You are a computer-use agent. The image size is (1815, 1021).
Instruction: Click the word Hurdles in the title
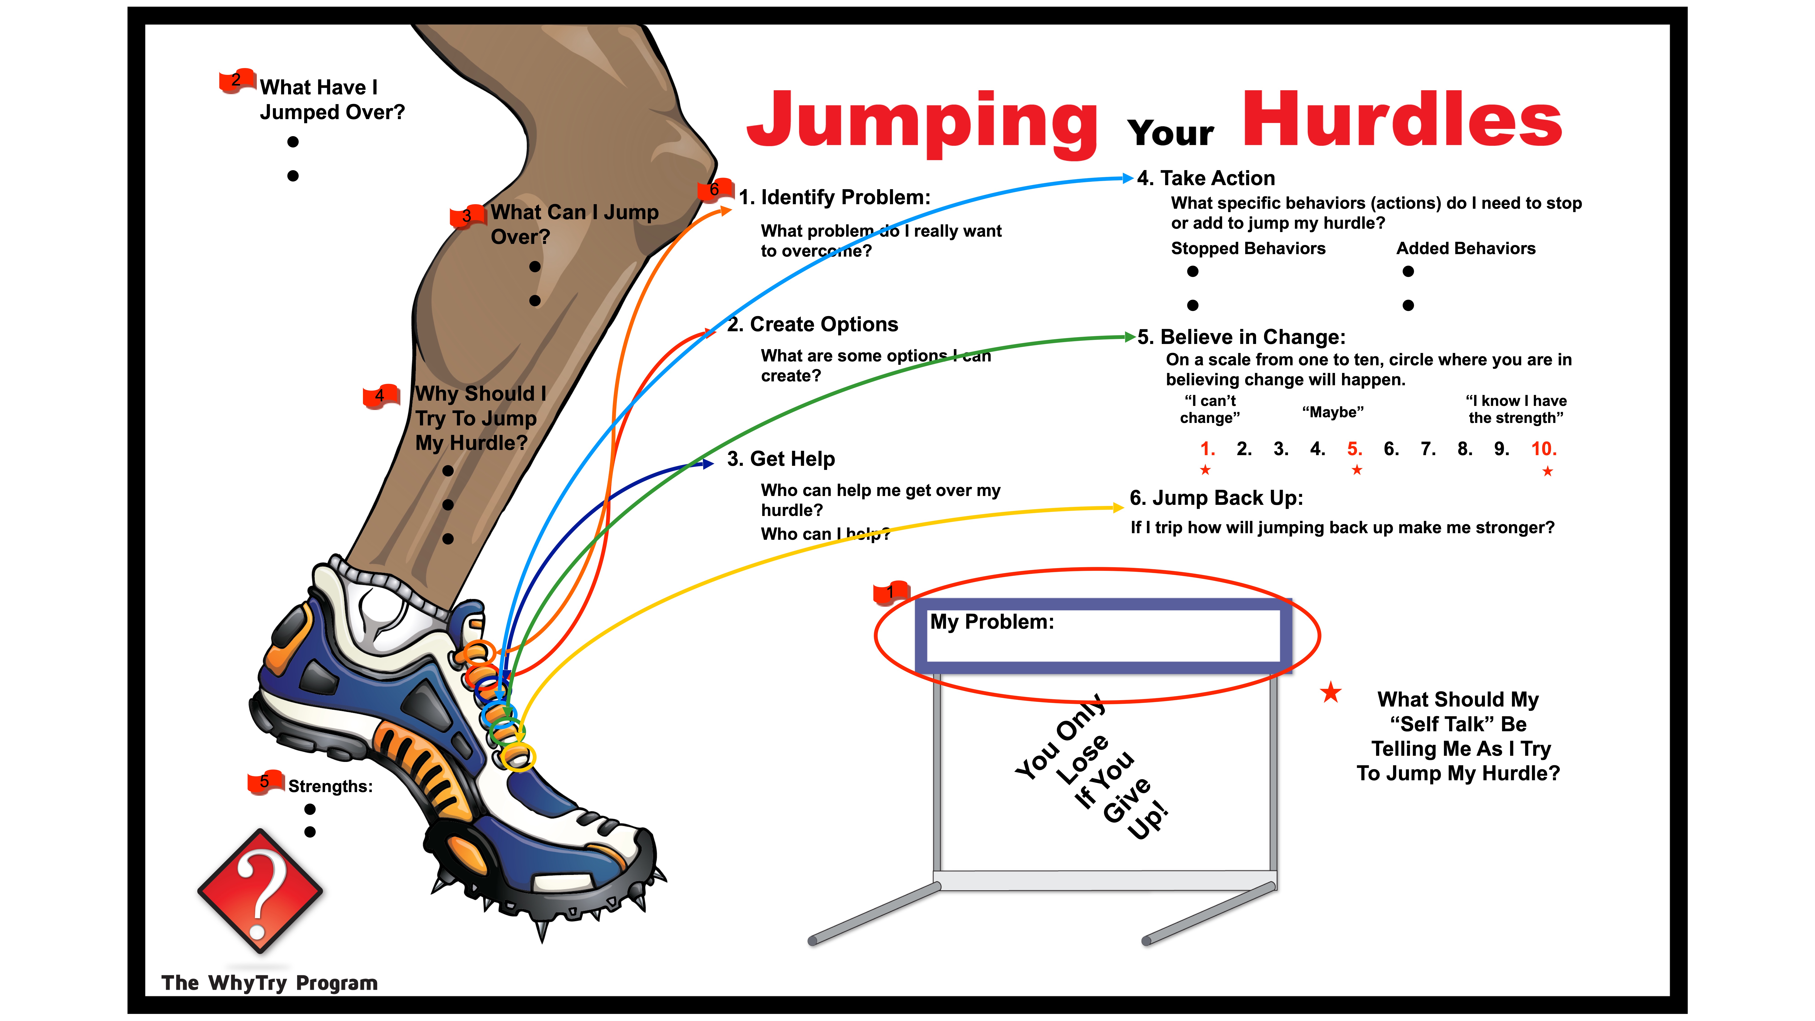point(1402,120)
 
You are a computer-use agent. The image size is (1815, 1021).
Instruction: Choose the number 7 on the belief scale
point(1428,449)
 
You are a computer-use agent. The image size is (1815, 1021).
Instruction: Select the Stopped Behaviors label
point(1248,249)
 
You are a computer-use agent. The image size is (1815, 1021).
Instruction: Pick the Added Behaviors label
point(1465,249)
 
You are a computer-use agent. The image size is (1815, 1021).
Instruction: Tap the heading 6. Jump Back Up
point(1216,498)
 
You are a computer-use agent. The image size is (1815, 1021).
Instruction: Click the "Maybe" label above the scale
point(1332,412)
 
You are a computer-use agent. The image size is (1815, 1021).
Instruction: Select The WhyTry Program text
point(269,983)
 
